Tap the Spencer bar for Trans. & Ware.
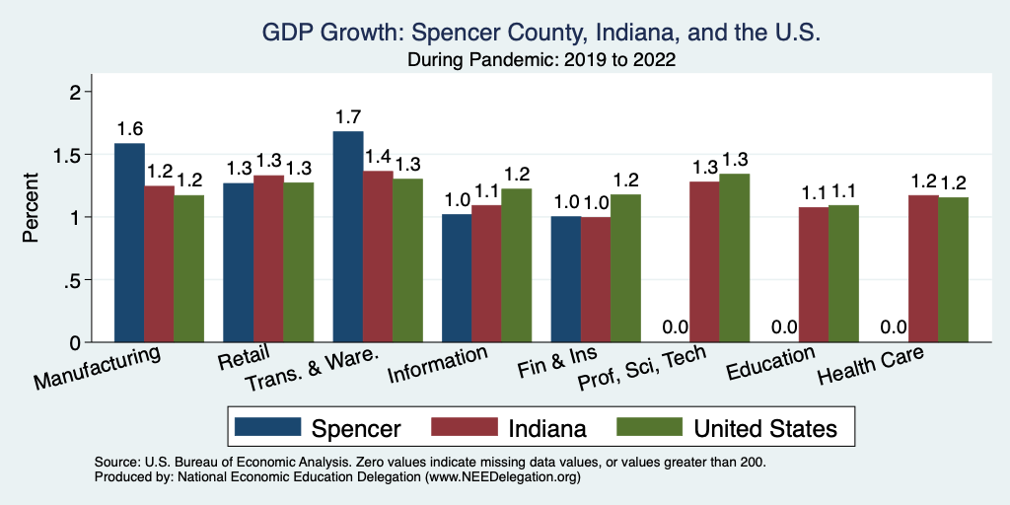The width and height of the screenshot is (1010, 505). (348, 237)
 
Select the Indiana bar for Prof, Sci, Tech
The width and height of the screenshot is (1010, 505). (704, 261)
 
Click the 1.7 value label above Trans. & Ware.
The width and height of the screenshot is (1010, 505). (348, 116)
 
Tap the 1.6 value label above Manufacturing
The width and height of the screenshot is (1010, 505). (129, 129)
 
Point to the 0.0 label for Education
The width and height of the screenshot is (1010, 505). (783, 327)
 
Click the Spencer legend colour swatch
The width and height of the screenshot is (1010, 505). (267, 428)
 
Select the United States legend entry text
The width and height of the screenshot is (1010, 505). (765, 428)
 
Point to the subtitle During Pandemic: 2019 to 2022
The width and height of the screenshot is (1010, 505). (541, 60)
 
